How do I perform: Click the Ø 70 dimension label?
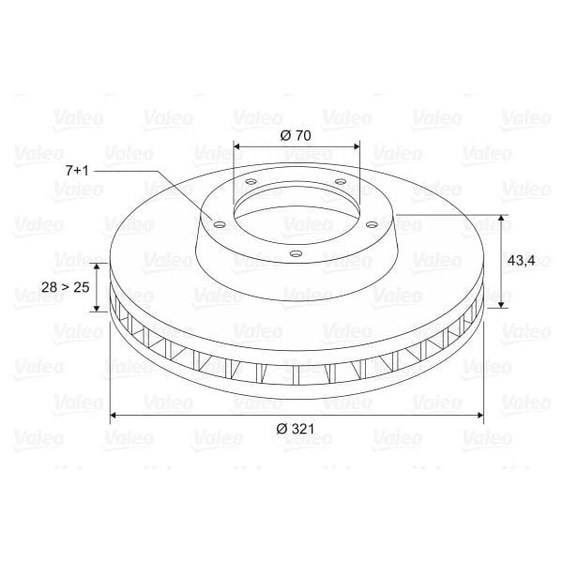(296, 134)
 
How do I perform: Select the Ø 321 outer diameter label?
(296, 429)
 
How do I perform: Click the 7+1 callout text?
(77, 170)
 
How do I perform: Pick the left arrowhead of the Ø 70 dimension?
(237, 147)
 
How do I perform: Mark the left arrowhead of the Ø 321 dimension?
(114, 413)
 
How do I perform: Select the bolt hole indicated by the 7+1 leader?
(219, 224)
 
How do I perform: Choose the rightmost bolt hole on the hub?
(372, 224)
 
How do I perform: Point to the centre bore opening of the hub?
(296, 206)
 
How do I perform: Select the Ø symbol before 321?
(281, 429)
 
